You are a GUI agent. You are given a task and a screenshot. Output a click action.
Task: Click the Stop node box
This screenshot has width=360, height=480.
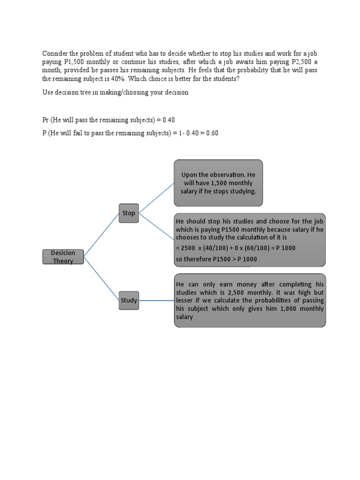(x=129, y=213)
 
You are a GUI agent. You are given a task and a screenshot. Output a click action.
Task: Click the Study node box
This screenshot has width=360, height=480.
(x=129, y=300)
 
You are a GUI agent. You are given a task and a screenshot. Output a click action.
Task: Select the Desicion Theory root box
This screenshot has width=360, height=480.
(x=64, y=257)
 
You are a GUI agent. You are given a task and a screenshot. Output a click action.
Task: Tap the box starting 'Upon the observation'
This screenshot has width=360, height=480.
(x=218, y=183)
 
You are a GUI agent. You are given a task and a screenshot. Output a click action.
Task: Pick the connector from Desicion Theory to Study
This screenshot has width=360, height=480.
(x=101, y=278)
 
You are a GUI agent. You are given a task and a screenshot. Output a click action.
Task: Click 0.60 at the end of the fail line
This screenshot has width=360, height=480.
(x=210, y=134)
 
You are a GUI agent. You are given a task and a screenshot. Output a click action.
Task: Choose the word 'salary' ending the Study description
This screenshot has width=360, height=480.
(x=184, y=317)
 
